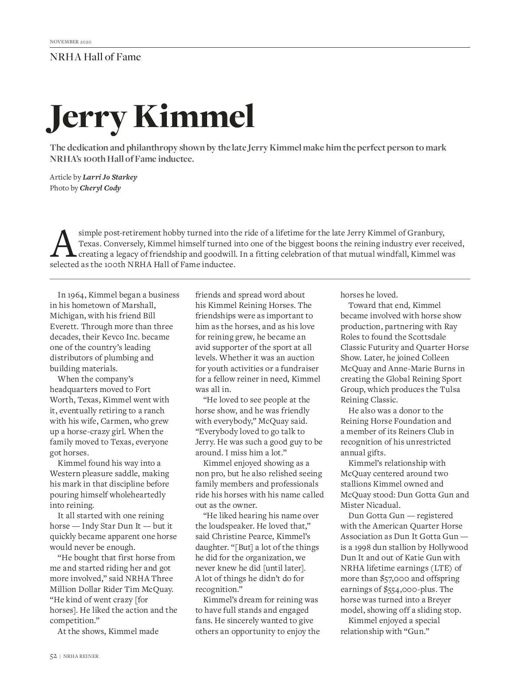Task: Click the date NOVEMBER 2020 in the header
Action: [x=71, y=42]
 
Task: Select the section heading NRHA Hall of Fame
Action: [x=95, y=57]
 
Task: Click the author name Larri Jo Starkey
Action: [x=110, y=177]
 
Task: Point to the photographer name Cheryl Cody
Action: [x=100, y=188]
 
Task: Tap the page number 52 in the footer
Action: [x=53, y=656]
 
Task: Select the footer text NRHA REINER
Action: [x=81, y=656]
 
